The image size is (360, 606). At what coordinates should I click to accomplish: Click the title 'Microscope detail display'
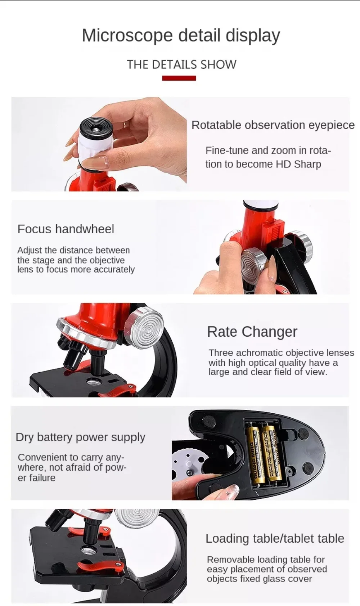click(x=181, y=36)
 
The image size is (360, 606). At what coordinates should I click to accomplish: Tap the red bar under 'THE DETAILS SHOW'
click(x=179, y=78)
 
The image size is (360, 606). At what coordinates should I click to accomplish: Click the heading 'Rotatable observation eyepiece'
click(x=273, y=125)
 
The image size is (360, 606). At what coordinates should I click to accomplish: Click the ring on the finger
click(x=124, y=124)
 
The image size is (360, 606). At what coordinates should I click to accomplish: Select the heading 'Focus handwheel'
click(x=66, y=229)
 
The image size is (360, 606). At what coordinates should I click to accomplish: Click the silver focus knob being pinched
click(x=253, y=263)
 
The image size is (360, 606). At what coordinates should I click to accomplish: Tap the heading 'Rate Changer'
click(x=252, y=332)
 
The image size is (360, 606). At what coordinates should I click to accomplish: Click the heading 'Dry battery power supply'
click(x=80, y=437)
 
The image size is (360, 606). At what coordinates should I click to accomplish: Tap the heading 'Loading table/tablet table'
click(x=275, y=538)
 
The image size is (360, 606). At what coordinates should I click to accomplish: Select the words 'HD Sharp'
click(x=298, y=164)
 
